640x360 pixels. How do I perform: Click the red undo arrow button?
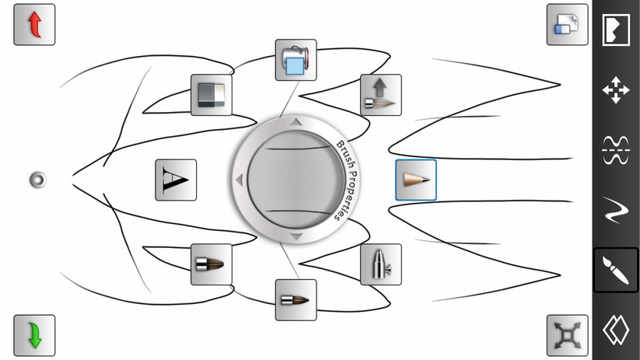click(x=34, y=24)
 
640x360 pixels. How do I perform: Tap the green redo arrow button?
click(x=34, y=335)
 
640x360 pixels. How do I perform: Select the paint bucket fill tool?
click(x=296, y=60)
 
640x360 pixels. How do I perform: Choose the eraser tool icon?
click(x=212, y=95)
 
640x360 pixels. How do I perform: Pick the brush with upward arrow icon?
click(x=381, y=95)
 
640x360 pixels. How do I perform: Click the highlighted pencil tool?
click(x=416, y=180)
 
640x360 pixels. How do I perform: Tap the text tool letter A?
click(x=176, y=180)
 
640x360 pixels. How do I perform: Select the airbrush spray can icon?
click(x=381, y=264)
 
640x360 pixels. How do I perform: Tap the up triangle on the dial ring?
click(x=296, y=121)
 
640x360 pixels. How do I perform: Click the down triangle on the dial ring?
click(x=296, y=236)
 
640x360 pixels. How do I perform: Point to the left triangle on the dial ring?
click(x=240, y=180)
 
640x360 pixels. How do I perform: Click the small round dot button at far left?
click(x=38, y=180)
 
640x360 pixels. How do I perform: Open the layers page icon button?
click(x=568, y=24)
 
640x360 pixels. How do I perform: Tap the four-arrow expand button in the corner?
click(x=568, y=335)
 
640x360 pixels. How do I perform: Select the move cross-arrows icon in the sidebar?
click(x=616, y=89)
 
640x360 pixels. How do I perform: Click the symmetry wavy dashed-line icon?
click(x=616, y=150)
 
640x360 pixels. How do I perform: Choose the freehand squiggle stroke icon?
click(x=616, y=210)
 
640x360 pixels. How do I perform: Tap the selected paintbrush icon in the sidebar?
click(x=616, y=271)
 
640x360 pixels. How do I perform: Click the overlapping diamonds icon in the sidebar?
click(x=616, y=330)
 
